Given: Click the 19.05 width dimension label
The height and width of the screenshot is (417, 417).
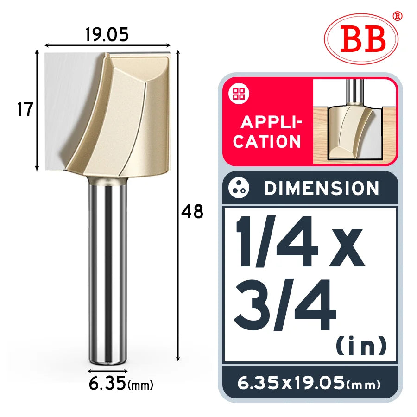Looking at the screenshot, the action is coord(107,35).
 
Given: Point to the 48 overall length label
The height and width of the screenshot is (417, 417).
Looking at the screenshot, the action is coord(192,212).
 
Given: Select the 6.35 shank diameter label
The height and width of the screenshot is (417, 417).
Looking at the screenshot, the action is coord(107,383).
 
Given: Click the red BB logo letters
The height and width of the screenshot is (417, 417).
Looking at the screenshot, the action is coord(363,39).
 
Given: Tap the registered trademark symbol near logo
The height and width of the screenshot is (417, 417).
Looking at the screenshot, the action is coord(398,16).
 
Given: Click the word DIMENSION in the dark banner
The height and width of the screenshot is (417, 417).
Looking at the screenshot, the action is coord(321,188).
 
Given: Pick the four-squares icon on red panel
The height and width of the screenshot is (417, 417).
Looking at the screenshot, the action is coord(239,94).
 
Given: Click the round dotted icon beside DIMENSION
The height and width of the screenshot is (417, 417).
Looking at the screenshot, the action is coord(239,188).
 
